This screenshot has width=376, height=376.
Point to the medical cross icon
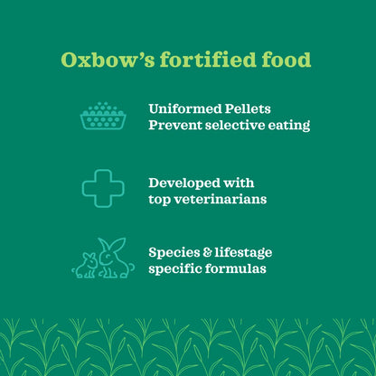pyautogui.click(x=102, y=188)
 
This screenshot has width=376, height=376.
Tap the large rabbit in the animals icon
pyautogui.click(x=116, y=258)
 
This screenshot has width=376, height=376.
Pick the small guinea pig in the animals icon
pyautogui.click(x=87, y=266)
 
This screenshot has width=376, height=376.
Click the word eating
pyautogui.click(x=291, y=126)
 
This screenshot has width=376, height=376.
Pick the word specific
pyautogui.click(x=175, y=269)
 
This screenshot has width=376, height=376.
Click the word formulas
pyautogui.click(x=236, y=269)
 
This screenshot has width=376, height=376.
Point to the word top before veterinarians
pyautogui.click(x=160, y=199)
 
